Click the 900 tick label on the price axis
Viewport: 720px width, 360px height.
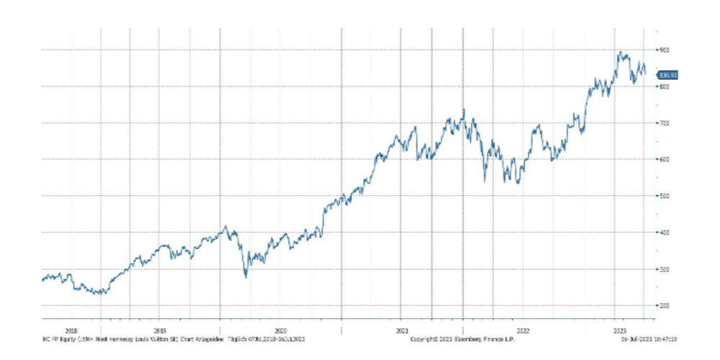click(x=663, y=50)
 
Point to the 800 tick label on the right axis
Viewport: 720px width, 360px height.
click(x=663, y=86)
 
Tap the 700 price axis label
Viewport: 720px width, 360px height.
click(x=663, y=123)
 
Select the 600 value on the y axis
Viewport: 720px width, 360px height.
click(x=663, y=159)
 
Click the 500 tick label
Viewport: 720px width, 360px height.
click(x=663, y=196)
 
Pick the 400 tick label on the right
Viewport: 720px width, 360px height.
click(x=663, y=233)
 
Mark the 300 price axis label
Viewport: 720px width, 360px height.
click(x=663, y=269)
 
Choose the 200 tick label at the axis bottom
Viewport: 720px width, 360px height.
click(x=663, y=305)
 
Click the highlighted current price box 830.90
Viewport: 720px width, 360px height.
click(x=668, y=74)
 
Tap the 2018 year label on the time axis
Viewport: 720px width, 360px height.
click(x=71, y=330)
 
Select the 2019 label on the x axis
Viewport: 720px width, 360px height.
click(x=160, y=330)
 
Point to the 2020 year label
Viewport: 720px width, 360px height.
click(x=281, y=330)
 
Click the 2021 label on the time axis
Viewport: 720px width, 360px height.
click(x=402, y=330)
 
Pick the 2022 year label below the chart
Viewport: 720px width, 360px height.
click(x=523, y=330)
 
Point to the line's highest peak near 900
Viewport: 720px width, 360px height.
click(x=620, y=52)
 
